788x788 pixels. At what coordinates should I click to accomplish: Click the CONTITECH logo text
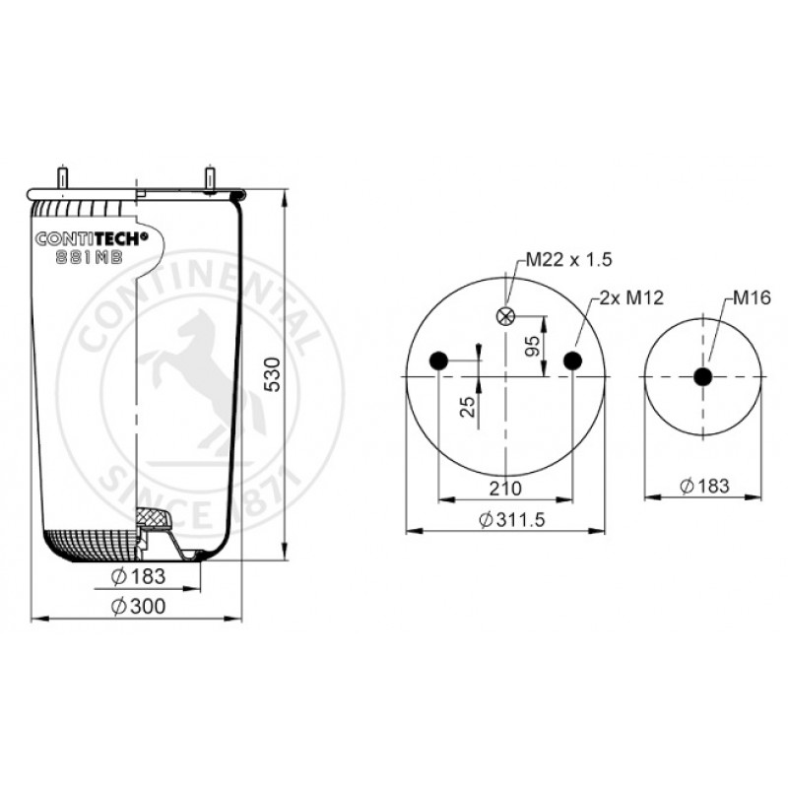tap(92, 238)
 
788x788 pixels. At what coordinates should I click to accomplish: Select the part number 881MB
tap(89, 257)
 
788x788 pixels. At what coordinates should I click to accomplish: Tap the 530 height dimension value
tap(274, 374)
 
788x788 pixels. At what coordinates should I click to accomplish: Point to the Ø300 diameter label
tap(138, 606)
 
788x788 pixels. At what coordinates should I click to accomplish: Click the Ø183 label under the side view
tap(138, 576)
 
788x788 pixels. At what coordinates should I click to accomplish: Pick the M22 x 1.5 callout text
tap(569, 259)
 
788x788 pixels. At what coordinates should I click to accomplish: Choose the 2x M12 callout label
tap(631, 298)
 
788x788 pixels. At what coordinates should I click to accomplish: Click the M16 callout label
tap(752, 298)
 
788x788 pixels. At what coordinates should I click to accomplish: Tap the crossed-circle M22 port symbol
tap(505, 316)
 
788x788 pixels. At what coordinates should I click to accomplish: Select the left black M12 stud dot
tap(438, 361)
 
